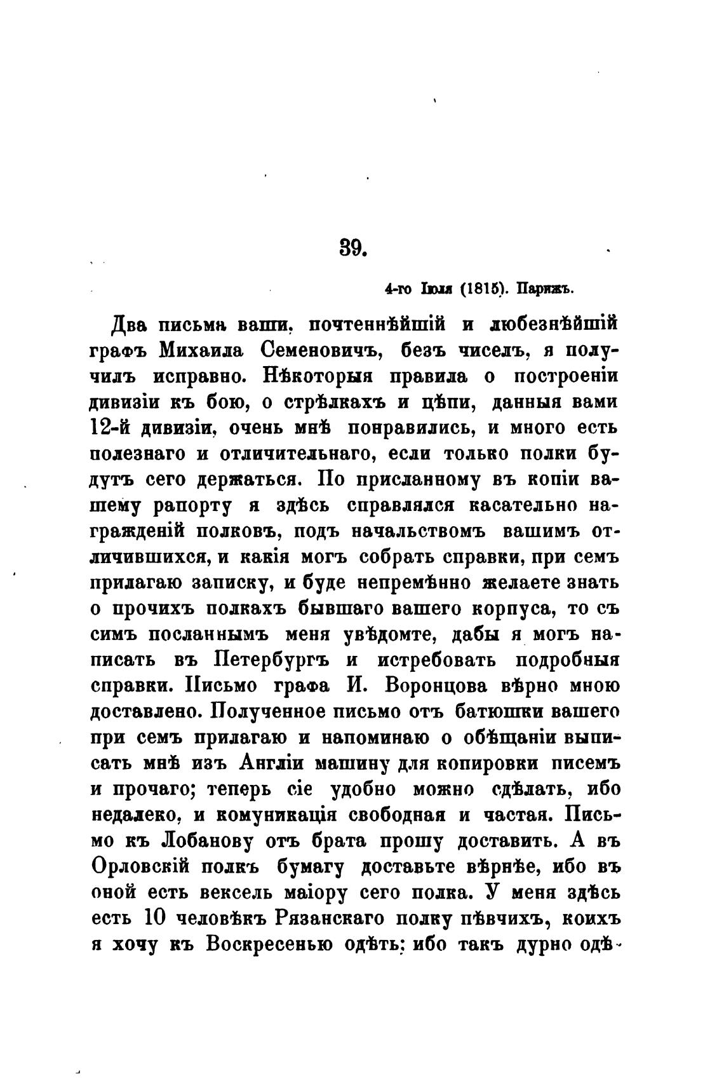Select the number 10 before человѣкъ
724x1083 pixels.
[x=156, y=919]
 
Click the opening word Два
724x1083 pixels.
[x=130, y=325]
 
